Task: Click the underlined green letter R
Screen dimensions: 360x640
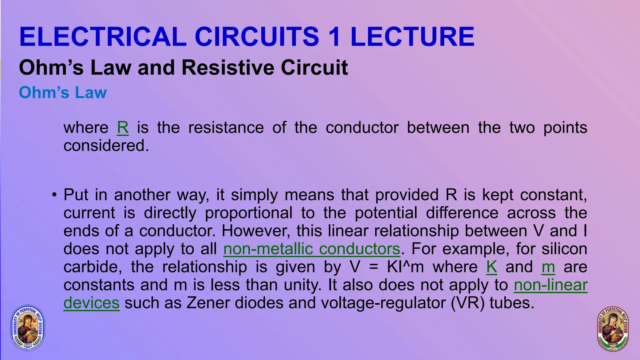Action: [122, 128]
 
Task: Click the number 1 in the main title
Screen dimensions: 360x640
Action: [334, 37]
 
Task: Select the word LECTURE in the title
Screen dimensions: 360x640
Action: [412, 37]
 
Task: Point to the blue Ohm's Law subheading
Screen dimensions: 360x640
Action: [63, 92]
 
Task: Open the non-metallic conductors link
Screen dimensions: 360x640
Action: [312, 249]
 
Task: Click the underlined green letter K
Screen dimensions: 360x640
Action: [492, 267]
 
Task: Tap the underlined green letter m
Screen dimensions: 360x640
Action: [548, 267]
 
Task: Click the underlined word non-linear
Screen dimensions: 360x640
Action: [551, 285]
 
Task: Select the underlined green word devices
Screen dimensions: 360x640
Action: [91, 303]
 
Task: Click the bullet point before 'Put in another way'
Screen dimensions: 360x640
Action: [54, 195]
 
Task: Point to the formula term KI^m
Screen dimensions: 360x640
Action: [405, 267]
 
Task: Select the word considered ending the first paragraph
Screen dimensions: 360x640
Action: [106, 146]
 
